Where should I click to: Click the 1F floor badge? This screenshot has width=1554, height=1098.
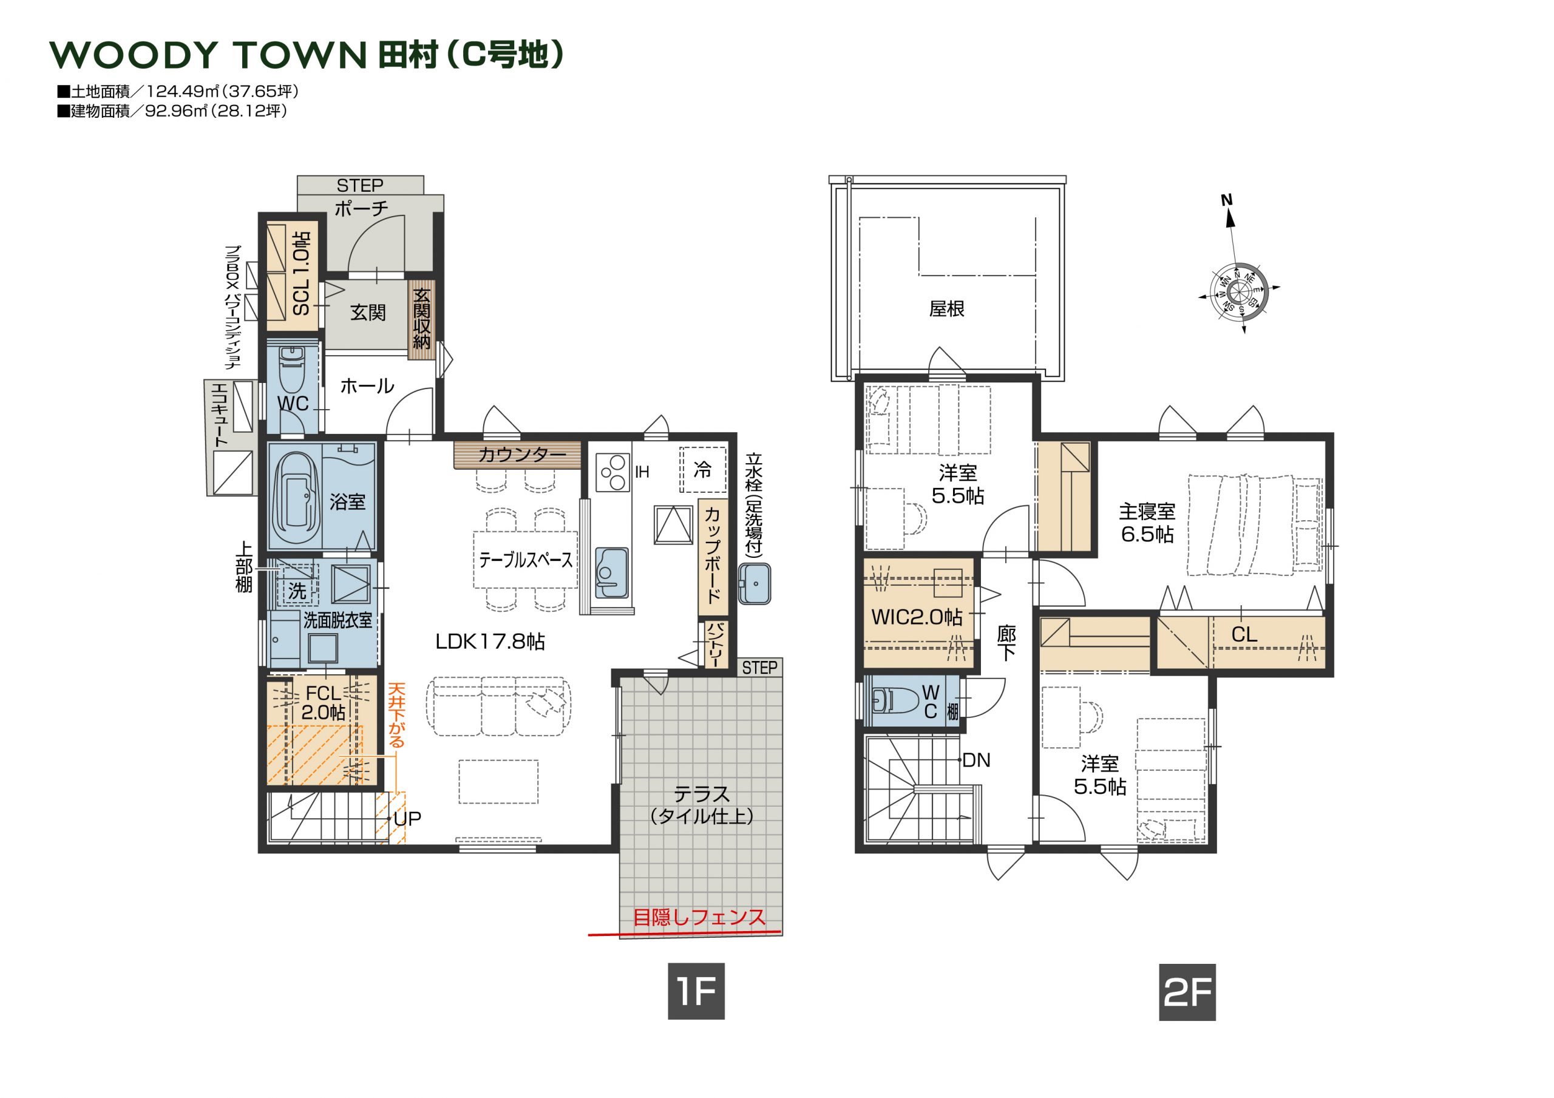[x=696, y=991]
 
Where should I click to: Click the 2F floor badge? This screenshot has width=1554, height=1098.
[x=1187, y=992]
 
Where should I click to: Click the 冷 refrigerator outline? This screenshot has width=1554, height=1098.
[x=703, y=469]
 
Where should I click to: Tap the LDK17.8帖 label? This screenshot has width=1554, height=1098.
[x=490, y=641]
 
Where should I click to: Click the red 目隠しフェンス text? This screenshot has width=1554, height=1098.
[x=699, y=917]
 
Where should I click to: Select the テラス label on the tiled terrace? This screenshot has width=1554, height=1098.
[x=702, y=793]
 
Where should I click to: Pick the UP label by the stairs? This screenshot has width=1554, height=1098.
[x=407, y=819]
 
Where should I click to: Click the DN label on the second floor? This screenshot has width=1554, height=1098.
[x=976, y=760]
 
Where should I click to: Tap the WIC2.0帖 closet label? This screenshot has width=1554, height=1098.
[x=917, y=617]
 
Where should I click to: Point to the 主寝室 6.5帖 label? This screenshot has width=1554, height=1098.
[x=1147, y=523]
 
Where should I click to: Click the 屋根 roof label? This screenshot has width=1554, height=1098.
[x=947, y=309]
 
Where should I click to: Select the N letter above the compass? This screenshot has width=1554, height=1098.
[x=1226, y=200]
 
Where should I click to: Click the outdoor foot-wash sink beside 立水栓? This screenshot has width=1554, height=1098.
[x=755, y=583]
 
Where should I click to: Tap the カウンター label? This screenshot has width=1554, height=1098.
[x=522, y=454]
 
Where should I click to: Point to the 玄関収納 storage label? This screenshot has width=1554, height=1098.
[x=421, y=319]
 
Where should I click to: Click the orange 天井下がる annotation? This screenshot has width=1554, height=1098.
[x=396, y=715]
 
